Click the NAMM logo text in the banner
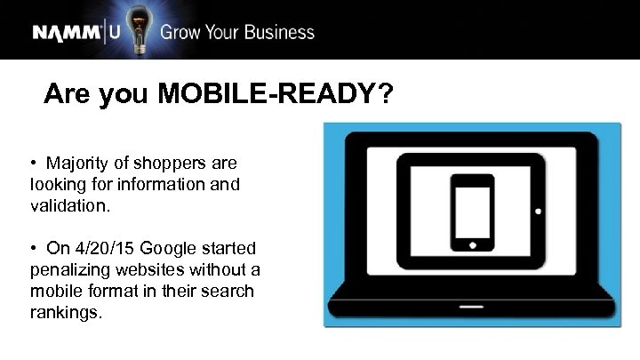pos(68,34)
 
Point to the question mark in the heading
pos(383,93)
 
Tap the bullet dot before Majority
pos(32,164)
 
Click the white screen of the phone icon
pos(472,212)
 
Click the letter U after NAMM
pos(115,34)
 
